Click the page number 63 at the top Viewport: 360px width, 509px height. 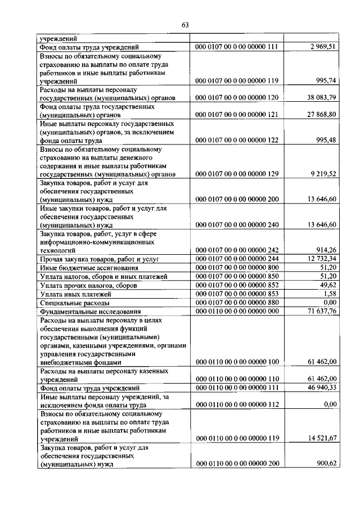(x=185, y=24)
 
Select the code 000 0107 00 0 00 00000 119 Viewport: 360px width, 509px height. (x=237, y=82)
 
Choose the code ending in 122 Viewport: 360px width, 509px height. (x=237, y=139)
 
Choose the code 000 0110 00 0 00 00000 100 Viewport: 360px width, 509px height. (x=237, y=363)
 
